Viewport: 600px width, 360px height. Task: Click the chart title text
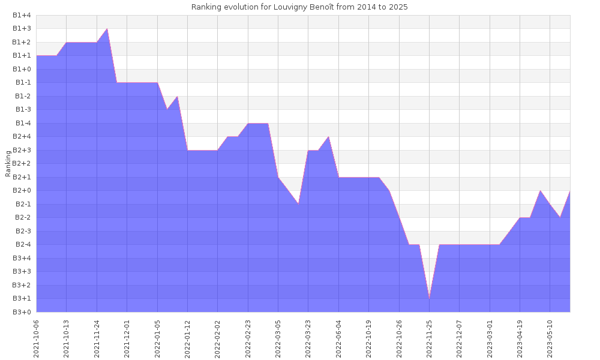coord(299,7)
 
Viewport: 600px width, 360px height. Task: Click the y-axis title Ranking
coord(8,163)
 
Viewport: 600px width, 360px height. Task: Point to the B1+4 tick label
coord(22,15)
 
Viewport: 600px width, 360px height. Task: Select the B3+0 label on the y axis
coord(22,312)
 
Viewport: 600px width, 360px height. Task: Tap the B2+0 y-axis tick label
coord(22,191)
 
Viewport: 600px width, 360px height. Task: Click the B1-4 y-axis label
coord(22,123)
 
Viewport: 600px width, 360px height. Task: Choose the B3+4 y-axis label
coord(22,258)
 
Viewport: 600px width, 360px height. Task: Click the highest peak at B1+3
coord(107,29)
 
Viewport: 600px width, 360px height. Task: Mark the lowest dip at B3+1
coord(429,298)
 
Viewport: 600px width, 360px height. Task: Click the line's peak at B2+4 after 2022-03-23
coord(328,137)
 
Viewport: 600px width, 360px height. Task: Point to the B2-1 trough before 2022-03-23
coord(298,204)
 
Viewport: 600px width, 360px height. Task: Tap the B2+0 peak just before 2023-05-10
coord(540,191)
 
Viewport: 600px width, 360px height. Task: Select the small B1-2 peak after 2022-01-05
coord(177,97)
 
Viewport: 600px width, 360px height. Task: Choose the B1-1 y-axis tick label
coord(22,83)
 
